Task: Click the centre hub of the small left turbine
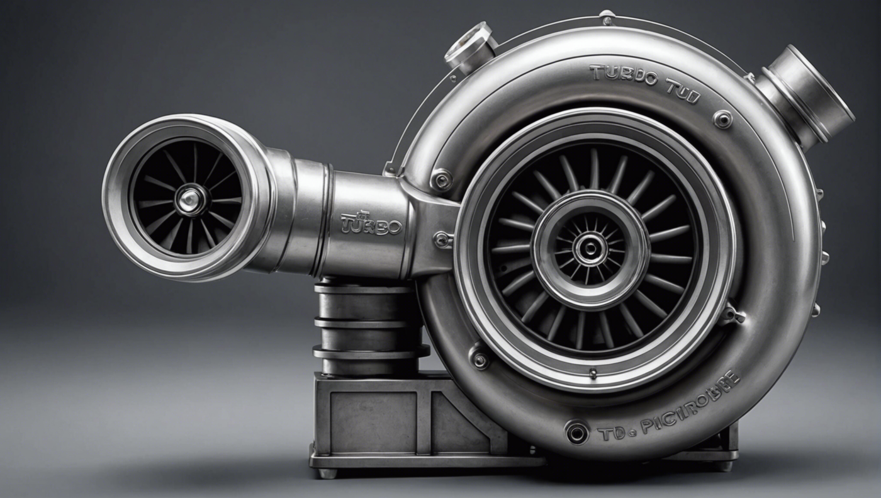click(188, 200)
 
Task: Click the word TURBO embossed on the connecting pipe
click(371, 225)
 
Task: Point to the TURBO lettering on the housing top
click(623, 75)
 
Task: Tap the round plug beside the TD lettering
click(576, 432)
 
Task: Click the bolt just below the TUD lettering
click(722, 118)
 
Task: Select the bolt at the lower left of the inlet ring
click(480, 359)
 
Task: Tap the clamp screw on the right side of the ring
click(732, 314)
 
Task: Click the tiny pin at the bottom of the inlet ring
click(592, 373)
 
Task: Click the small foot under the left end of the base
click(327, 473)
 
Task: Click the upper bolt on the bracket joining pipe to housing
click(441, 180)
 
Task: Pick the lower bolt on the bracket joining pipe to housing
click(443, 239)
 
